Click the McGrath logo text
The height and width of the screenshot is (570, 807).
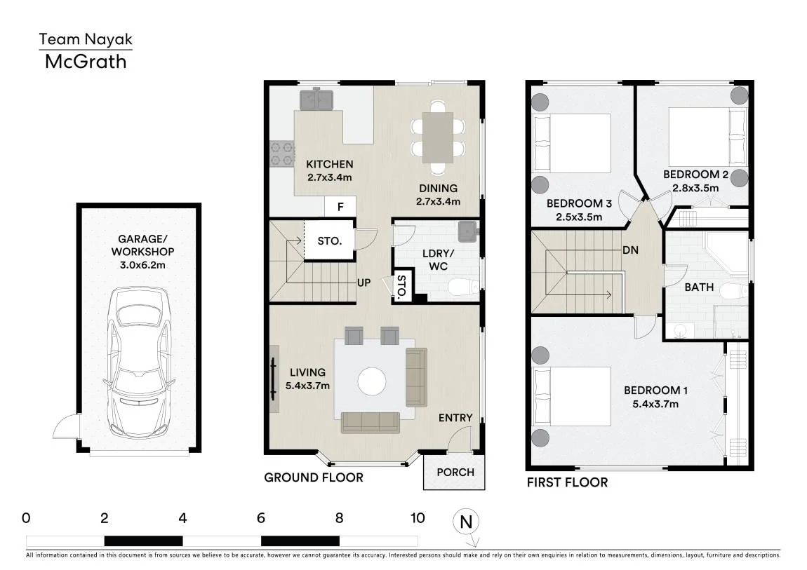[x=86, y=62]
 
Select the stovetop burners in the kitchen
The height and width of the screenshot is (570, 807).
[x=283, y=154]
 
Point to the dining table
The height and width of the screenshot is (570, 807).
[x=438, y=137]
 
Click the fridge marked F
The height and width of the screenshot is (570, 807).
[x=340, y=207]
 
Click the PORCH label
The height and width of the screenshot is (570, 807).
[x=455, y=472]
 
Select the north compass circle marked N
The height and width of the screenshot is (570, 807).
[x=466, y=522]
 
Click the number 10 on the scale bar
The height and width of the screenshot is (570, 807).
[x=418, y=518]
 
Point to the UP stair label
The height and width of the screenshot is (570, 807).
[x=364, y=283]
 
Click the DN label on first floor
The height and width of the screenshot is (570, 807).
[x=630, y=250]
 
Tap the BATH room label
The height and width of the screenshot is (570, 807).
[x=699, y=287]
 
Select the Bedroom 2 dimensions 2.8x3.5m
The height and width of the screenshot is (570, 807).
[x=695, y=188]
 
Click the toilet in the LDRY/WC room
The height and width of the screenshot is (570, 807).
[x=464, y=287]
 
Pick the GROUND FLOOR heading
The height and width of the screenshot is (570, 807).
[x=314, y=477]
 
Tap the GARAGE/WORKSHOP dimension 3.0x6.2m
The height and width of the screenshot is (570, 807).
[x=142, y=265]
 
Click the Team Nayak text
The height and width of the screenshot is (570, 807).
[x=86, y=39]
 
